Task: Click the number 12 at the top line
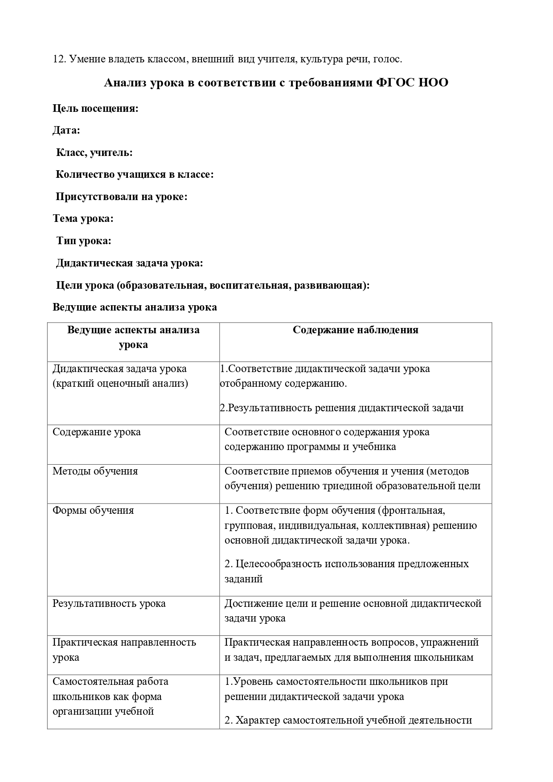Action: [58, 59]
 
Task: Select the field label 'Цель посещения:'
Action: [95, 109]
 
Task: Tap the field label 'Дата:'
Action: [66, 131]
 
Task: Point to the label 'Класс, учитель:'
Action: [94, 153]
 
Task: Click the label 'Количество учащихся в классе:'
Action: [135, 175]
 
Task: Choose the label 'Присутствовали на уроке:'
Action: [121, 197]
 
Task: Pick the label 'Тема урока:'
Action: [83, 219]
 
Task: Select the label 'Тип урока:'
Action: [84, 241]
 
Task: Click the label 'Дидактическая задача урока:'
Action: [129, 263]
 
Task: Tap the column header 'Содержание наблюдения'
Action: [355, 330]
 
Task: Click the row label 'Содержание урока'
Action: [97, 432]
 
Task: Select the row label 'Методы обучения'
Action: [95, 471]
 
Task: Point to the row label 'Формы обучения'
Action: [93, 511]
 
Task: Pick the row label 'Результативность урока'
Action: [109, 604]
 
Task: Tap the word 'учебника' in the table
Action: [374, 447]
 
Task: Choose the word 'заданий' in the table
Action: [243, 579]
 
